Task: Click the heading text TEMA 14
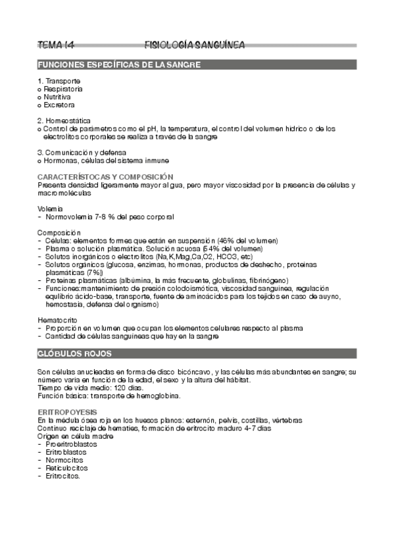pyautogui.click(x=57, y=45)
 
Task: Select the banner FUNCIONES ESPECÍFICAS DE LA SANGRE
pyautogui.click(x=119, y=64)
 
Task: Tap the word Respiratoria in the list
pyautogui.click(x=63, y=88)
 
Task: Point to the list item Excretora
pyautogui.click(x=59, y=105)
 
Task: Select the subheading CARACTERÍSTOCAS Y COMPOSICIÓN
pyautogui.click(x=105, y=176)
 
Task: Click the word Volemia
pyautogui.click(x=51, y=208)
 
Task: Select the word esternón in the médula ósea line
pyautogui.click(x=205, y=420)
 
